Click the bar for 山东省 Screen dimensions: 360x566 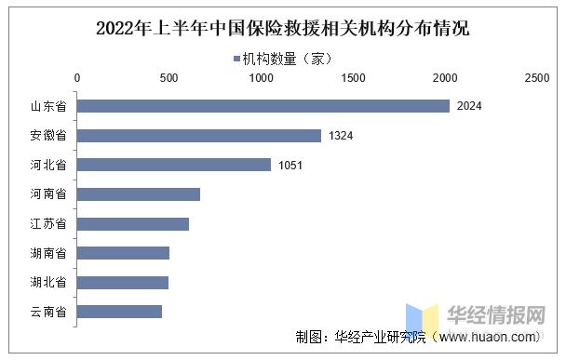[263, 106]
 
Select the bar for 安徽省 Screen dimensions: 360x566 [198, 136]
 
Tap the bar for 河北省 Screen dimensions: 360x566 [173, 165]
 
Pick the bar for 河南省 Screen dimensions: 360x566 [138, 194]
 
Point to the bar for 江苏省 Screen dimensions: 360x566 [132, 223]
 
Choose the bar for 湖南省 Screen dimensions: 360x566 [123, 253]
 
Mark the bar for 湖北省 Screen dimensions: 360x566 [122, 282]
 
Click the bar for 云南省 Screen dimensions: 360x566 [119, 312]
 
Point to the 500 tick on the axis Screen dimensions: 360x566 [168, 80]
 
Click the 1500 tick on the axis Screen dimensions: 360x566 [353, 80]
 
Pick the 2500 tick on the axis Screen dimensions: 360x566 [537, 80]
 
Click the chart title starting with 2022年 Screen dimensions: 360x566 [282, 28]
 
